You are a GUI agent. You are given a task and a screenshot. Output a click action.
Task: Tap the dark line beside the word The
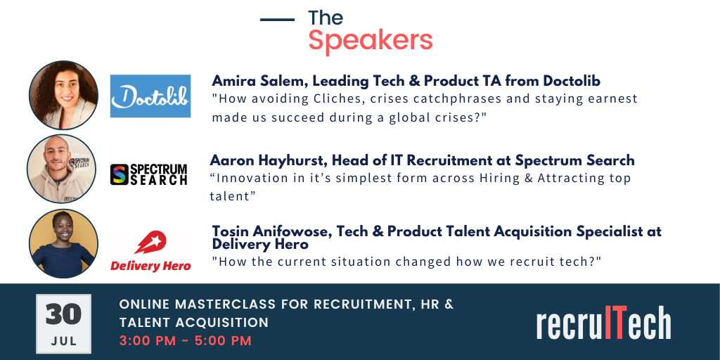[277, 19]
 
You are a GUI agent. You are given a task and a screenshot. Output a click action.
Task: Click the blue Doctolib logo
[150, 96]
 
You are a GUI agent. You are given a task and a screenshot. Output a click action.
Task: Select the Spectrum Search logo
[149, 174]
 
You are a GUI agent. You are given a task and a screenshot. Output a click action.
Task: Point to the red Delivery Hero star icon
[150, 243]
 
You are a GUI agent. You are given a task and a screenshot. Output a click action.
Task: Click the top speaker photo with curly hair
[63, 95]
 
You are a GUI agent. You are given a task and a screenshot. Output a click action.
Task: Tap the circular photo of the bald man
[62, 169]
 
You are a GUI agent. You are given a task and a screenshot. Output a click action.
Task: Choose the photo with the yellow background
[63, 244]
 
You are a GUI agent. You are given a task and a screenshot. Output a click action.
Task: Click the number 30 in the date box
[63, 314]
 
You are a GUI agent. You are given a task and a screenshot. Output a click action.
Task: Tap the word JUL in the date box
[64, 342]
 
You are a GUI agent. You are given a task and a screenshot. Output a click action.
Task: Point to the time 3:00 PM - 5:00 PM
[186, 341]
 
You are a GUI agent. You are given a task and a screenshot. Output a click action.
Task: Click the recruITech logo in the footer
[603, 323]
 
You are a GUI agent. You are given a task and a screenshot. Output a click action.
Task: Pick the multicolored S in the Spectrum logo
[120, 174]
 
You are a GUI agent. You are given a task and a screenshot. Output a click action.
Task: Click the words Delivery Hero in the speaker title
[260, 244]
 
